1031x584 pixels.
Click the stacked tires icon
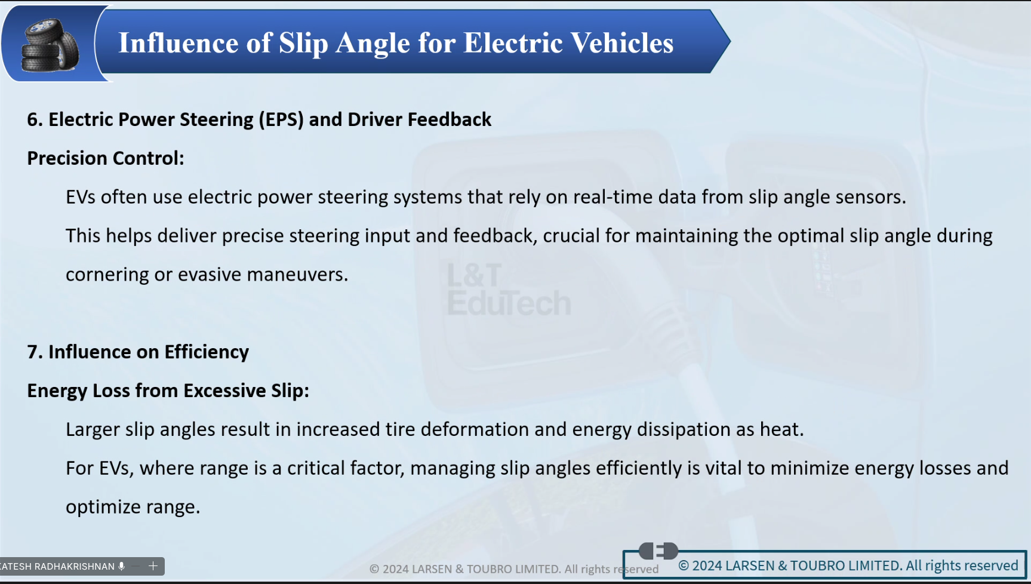pos(50,46)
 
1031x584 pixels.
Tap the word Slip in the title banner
pos(303,44)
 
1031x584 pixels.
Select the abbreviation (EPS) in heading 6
pos(281,119)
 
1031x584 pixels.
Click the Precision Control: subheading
pos(106,158)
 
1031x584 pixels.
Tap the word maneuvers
pos(297,275)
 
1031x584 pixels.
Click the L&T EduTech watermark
pos(509,290)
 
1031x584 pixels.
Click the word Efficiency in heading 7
pos(207,352)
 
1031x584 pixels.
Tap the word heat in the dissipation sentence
pos(781,429)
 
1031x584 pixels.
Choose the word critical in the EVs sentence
pos(316,468)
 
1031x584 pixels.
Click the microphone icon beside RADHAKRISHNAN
pos(122,566)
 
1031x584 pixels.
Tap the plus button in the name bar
pos(153,566)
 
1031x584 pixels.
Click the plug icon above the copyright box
pos(658,551)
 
